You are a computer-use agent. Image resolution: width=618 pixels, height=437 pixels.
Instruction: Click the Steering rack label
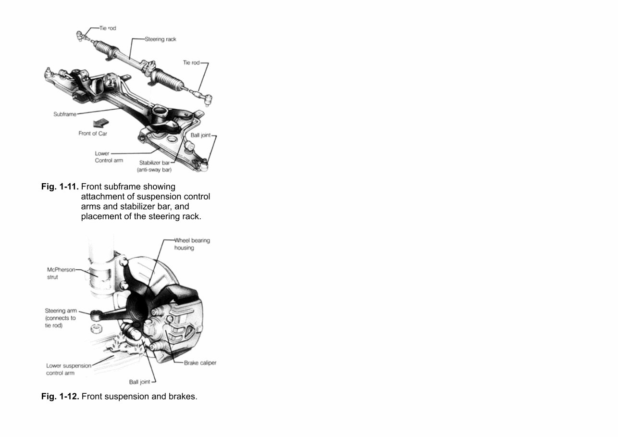point(161,39)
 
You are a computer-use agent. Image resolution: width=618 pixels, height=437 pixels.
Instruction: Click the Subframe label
point(65,114)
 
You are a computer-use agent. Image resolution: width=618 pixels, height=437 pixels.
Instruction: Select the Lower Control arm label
point(109,157)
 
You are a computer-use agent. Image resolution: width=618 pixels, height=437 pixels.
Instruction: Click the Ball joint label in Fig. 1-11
point(201,136)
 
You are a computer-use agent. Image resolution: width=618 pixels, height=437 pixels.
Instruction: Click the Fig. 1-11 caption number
point(60,187)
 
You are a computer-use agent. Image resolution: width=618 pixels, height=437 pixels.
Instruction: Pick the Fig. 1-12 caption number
point(60,397)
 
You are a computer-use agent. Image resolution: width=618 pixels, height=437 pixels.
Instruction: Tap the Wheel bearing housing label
point(192,244)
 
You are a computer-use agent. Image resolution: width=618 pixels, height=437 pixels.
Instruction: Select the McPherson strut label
point(61,274)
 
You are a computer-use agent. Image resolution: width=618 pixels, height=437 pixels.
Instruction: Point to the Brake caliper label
point(200,363)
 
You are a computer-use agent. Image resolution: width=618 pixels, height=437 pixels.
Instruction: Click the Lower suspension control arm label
point(68,369)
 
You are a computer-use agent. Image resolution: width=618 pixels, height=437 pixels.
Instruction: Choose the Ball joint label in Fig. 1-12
point(139,382)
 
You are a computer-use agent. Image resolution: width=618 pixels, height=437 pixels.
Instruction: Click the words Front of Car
point(93,134)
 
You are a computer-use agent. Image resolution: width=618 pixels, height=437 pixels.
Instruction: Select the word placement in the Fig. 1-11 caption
point(103,216)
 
